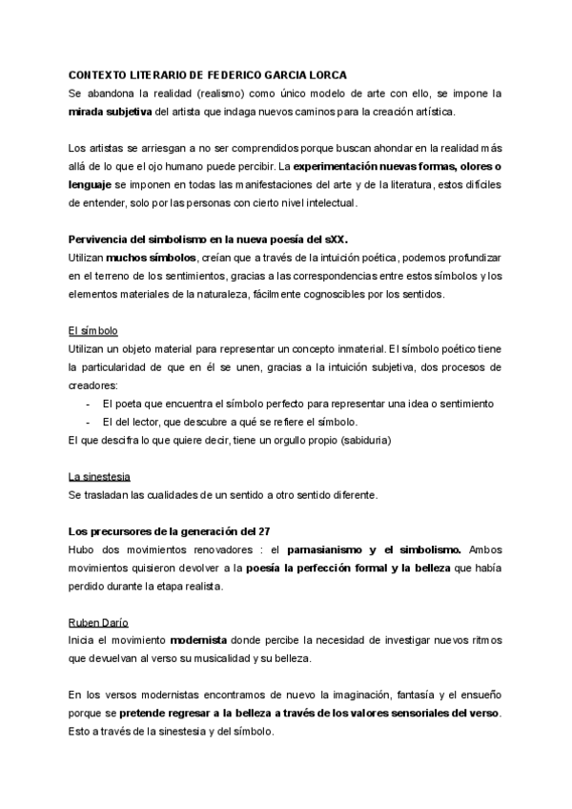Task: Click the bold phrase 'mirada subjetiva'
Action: coord(110,112)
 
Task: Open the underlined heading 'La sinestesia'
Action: coord(99,477)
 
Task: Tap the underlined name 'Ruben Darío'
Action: coord(101,622)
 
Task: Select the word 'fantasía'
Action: coord(388,696)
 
